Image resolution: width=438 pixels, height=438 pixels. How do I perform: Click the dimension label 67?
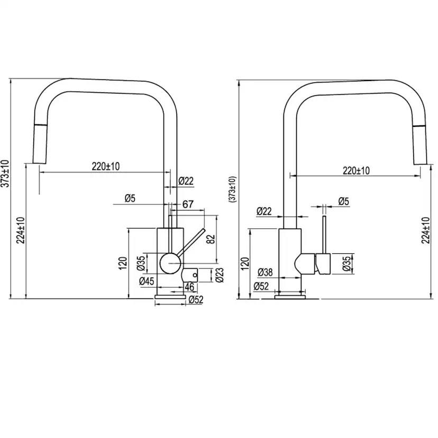tap(188, 204)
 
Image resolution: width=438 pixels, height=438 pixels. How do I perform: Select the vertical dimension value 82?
tap(212, 239)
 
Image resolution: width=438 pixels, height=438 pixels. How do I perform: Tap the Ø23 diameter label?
tap(220, 275)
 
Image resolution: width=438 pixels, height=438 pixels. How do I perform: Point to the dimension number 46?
tap(189, 287)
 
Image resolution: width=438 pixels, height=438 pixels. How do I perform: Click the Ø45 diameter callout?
tap(147, 281)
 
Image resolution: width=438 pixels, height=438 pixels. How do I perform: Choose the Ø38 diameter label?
tap(265, 272)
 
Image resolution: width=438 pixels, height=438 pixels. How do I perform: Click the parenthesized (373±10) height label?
tap(233, 189)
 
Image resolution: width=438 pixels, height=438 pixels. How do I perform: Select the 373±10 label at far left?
tap(5, 174)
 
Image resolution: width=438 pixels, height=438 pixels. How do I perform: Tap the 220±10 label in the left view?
tap(106, 166)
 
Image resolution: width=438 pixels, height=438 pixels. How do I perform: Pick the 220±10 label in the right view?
tap(356, 170)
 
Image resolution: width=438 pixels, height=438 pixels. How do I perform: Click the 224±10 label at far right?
tap(426, 230)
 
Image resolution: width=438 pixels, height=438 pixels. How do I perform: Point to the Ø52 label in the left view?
tap(196, 300)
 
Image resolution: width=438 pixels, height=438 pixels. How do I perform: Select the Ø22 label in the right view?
tap(264, 211)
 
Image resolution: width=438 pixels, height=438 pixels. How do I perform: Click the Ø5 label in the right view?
tap(344, 201)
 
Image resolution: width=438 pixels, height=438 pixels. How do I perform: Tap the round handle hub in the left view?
tap(170, 263)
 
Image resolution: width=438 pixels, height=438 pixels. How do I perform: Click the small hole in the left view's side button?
tap(195, 275)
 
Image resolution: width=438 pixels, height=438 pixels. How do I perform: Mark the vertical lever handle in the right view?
tap(324, 235)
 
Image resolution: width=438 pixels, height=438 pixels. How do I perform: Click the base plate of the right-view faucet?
tap(290, 297)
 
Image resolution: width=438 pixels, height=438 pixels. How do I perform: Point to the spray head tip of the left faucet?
tap(39, 163)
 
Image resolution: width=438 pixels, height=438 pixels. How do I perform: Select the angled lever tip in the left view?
tap(204, 230)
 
